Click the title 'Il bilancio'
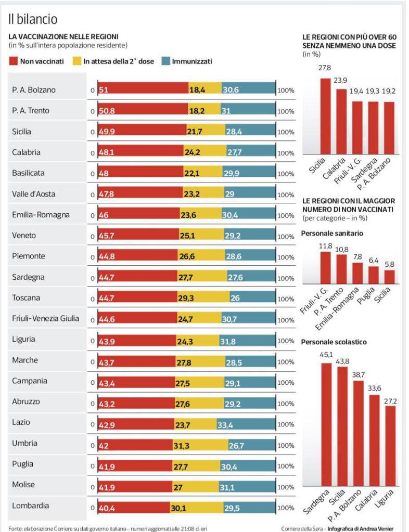tap(33, 19)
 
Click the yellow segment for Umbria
tap(200, 444)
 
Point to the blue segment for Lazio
tap(246, 423)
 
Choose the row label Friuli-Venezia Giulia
tap(46, 319)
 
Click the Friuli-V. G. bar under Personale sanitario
tap(326, 266)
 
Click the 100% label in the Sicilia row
tap(286, 132)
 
